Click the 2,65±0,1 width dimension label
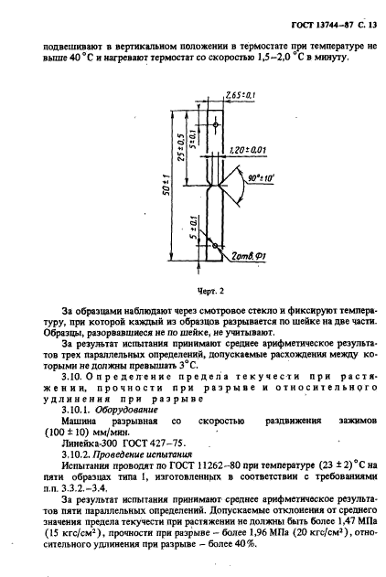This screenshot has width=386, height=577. pyautogui.click(x=239, y=94)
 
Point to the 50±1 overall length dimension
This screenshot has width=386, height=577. pyautogui.click(x=166, y=187)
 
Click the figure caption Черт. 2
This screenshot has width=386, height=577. pyautogui.click(x=210, y=292)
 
